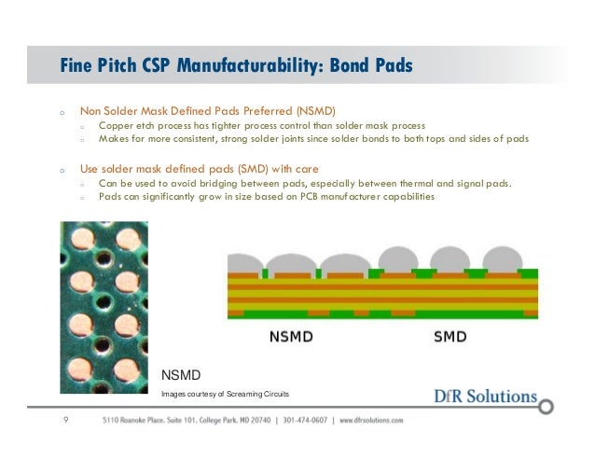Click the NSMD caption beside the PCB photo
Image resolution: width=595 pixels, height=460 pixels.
[x=181, y=374]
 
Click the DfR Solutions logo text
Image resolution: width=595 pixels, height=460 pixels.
[x=485, y=397]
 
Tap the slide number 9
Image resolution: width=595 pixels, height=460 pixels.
[x=64, y=421]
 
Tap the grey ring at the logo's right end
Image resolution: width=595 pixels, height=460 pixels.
[x=547, y=407]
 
